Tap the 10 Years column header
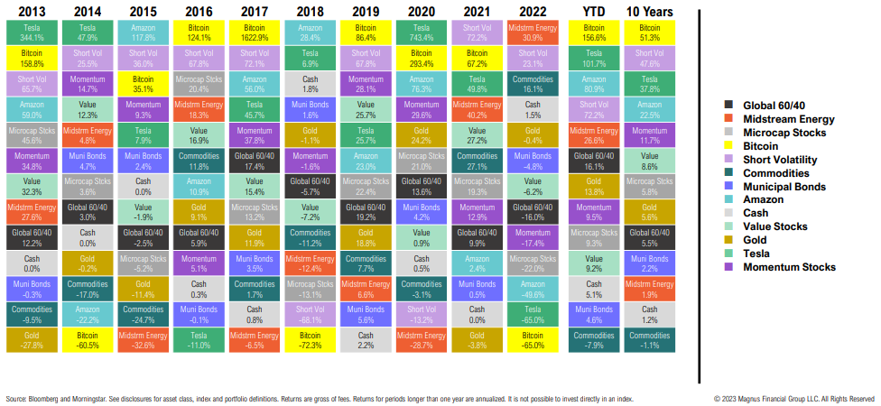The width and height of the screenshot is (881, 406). tap(648, 10)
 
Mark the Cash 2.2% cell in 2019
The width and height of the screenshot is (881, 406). tap(366, 339)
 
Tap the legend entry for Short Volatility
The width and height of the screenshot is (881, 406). tap(781, 159)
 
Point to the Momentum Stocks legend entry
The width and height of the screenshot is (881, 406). tap(787, 267)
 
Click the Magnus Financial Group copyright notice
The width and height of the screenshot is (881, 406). tap(793, 398)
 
